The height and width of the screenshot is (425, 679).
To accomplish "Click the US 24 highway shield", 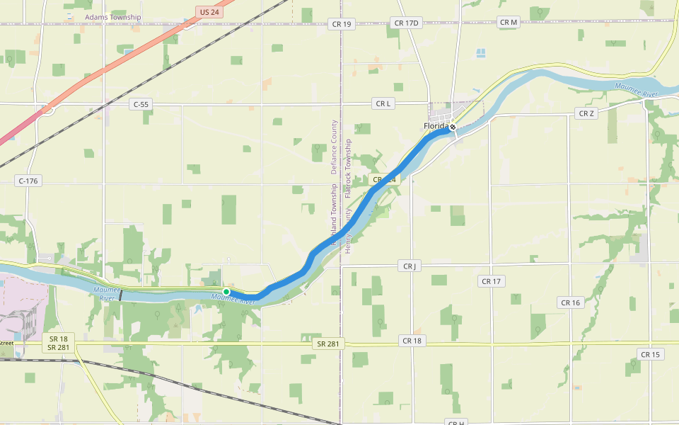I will (x=209, y=12).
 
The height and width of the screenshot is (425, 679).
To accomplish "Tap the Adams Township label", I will (x=112, y=17).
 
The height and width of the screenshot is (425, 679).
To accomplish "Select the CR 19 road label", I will (x=342, y=24).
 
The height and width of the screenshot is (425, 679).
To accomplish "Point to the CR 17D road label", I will (x=407, y=23).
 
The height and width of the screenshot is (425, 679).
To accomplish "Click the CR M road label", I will (x=509, y=23).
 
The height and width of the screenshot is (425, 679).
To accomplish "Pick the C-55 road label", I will (x=141, y=104).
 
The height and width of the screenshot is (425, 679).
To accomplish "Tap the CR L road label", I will (x=383, y=104).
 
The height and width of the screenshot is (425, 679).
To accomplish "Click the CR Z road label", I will (x=586, y=113).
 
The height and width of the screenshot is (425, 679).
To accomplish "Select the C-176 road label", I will (x=28, y=181).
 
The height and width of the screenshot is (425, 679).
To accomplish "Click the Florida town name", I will (x=436, y=126).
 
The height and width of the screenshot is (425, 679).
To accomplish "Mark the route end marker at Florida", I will (x=453, y=127).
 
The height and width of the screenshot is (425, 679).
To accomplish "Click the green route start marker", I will (x=226, y=292).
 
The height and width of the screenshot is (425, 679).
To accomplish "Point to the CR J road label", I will (x=409, y=266).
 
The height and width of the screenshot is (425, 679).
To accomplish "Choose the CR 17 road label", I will (x=491, y=281).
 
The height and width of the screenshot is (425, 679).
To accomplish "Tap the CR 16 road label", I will (x=570, y=302).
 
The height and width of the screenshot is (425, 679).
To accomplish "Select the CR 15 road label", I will (x=649, y=354).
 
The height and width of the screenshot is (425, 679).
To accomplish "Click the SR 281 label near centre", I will (x=327, y=344).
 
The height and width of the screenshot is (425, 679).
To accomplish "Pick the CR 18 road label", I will (x=412, y=341).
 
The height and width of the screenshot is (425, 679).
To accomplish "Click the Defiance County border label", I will (x=335, y=146).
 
